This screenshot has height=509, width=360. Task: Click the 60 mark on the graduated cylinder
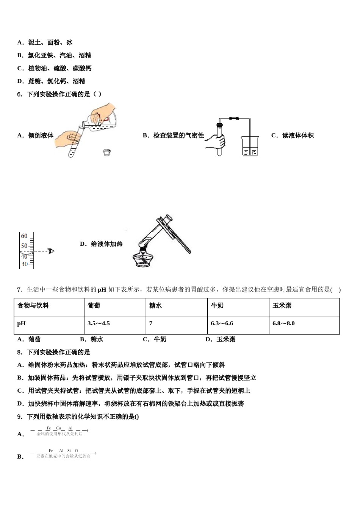(x=24, y=236)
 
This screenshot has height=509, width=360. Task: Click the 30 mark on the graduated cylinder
(x=24, y=264)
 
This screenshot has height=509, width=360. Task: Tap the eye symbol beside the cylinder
(x=51, y=251)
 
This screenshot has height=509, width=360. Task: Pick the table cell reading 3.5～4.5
(x=99, y=323)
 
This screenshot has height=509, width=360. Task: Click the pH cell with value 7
(x=151, y=323)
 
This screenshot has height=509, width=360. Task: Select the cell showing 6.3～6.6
(x=222, y=323)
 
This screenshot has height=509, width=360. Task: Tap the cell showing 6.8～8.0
(x=283, y=323)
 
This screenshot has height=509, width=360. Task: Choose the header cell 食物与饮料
(x=33, y=306)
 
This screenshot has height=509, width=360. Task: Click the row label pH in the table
(x=22, y=323)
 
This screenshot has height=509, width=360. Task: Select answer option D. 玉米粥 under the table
(x=220, y=339)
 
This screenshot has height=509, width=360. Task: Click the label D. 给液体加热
(x=101, y=244)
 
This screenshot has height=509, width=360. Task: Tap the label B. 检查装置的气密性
(x=173, y=135)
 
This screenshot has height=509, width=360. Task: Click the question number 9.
(x=20, y=417)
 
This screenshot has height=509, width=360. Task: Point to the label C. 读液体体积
(x=292, y=135)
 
